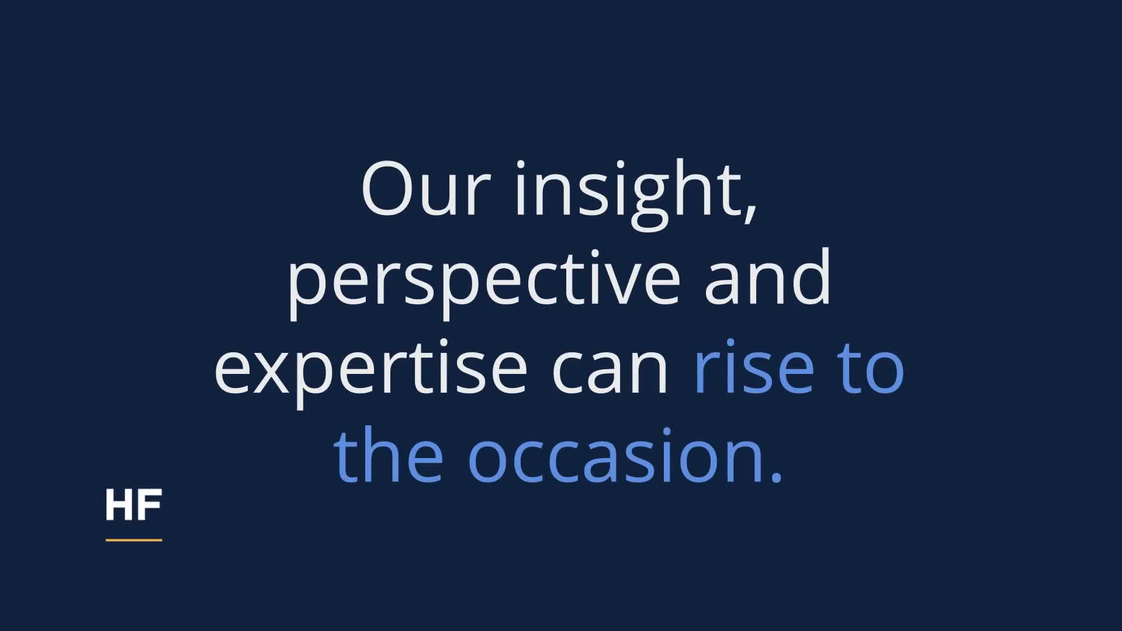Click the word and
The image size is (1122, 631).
[x=768, y=276]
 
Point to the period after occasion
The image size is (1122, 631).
[x=776, y=476]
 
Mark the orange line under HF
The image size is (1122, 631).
[x=134, y=540]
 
